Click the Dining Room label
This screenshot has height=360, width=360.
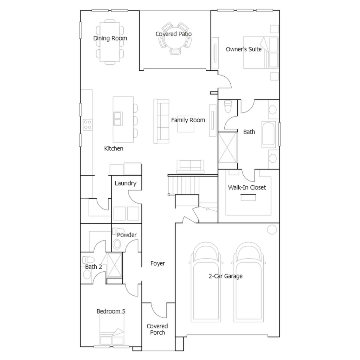pyautogui.click(x=110, y=38)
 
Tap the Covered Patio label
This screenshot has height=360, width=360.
pyautogui.click(x=174, y=34)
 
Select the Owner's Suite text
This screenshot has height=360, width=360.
pyautogui.click(x=244, y=49)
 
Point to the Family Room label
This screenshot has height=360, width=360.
pyautogui.click(x=188, y=120)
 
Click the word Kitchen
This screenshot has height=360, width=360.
pyautogui.click(x=114, y=149)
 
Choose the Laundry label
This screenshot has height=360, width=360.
pyautogui.click(x=126, y=183)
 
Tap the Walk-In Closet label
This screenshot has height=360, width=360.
pyautogui.click(x=247, y=187)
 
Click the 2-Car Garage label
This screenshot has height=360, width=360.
pyautogui.click(x=225, y=276)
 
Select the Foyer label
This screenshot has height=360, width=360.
pyautogui.click(x=157, y=263)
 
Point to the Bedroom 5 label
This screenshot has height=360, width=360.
pyautogui.click(x=111, y=311)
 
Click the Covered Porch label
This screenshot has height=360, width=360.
pyautogui.click(x=157, y=329)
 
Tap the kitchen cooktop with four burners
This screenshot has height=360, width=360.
pyautogui.click(x=88, y=125)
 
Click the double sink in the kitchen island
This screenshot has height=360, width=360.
pyautogui.click(x=118, y=119)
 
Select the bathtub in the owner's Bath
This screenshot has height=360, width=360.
pyautogui.click(x=268, y=134)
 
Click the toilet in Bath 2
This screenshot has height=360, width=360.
pyautogui.click(x=88, y=260)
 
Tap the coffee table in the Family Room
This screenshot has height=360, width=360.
pyautogui.click(x=186, y=124)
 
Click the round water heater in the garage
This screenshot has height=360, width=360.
pyautogui.click(x=272, y=230)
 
